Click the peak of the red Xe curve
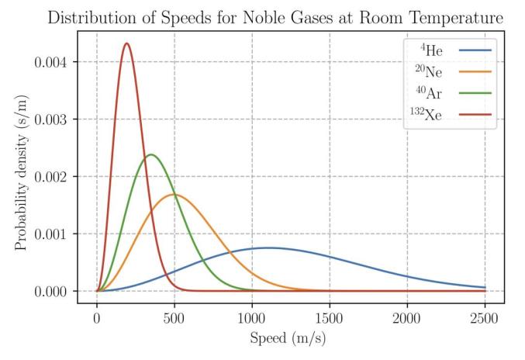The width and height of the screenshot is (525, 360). [x=126, y=43]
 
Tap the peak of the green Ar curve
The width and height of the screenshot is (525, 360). [x=150, y=154]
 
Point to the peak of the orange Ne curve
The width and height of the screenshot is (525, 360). [x=174, y=194]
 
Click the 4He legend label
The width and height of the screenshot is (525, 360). [x=432, y=52]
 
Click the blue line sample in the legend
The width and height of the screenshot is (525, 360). [x=475, y=52]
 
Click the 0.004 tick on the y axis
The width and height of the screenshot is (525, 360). [x=52, y=62]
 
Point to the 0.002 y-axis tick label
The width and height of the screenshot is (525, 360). [x=52, y=177]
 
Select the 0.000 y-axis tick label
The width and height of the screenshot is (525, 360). [x=52, y=292]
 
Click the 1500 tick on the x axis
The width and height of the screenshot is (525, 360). [x=330, y=317]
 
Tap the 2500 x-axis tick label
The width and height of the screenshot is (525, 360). [x=485, y=317]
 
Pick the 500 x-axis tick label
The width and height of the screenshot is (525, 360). [x=174, y=317]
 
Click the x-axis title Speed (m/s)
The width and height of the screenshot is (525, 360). [x=291, y=339]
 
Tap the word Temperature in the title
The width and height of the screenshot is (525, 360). [x=456, y=17]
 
